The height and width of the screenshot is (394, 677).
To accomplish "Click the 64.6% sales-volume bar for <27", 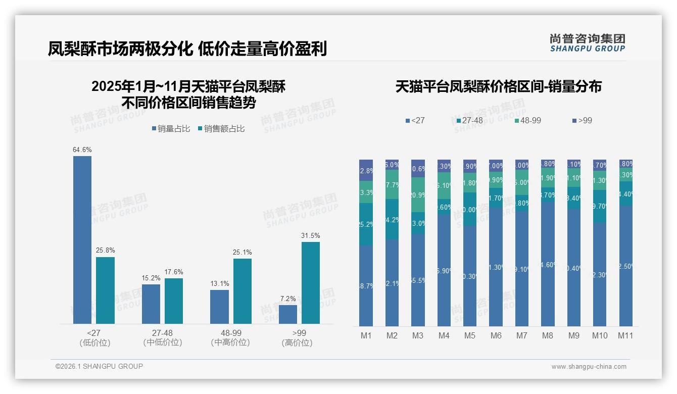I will [x=82, y=240].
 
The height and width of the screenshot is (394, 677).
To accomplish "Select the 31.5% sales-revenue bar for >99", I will [x=311, y=283].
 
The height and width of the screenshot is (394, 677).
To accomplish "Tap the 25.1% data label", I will [x=243, y=252].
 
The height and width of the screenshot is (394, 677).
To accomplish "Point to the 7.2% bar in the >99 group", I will [x=288, y=314].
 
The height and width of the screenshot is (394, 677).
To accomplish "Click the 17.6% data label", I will [x=174, y=272].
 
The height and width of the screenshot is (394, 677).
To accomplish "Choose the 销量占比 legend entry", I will [x=171, y=129].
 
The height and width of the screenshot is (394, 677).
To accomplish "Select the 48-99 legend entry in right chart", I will [x=528, y=121].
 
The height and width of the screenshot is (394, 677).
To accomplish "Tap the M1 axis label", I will [x=366, y=335].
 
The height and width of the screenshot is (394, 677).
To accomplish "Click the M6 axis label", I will [x=496, y=335].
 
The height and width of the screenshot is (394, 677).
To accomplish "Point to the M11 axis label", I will [x=625, y=335].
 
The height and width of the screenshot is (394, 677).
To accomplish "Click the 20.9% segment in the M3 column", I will [x=418, y=195].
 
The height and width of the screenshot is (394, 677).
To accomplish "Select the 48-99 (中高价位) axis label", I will [x=231, y=337].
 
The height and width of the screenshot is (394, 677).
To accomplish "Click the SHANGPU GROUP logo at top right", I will [x=587, y=43].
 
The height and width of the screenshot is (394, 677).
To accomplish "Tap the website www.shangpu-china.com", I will [x=589, y=367].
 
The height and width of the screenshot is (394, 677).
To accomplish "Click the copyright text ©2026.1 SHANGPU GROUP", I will [x=99, y=366].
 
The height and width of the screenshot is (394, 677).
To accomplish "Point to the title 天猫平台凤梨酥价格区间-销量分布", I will [x=498, y=86].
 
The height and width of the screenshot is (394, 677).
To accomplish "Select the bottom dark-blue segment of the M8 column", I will [x=548, y=264].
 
